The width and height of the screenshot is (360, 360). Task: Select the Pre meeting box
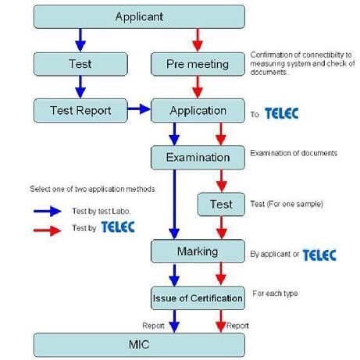pos(198,63)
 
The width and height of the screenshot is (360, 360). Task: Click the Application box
pos(198,110)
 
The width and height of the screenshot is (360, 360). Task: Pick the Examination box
pos(198,157)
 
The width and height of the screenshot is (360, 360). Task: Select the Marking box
pos(198,251)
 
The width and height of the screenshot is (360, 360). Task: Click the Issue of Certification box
pos(198,298)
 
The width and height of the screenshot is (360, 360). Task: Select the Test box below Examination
pos(221,205)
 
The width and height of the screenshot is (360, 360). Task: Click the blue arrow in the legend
pos(49,210)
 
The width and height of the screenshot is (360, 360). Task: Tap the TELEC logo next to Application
pos(281,114)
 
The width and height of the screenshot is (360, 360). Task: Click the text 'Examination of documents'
pos(294,153)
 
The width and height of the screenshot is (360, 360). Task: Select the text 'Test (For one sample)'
pos(287,205)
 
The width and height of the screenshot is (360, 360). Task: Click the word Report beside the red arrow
pos(237,325)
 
